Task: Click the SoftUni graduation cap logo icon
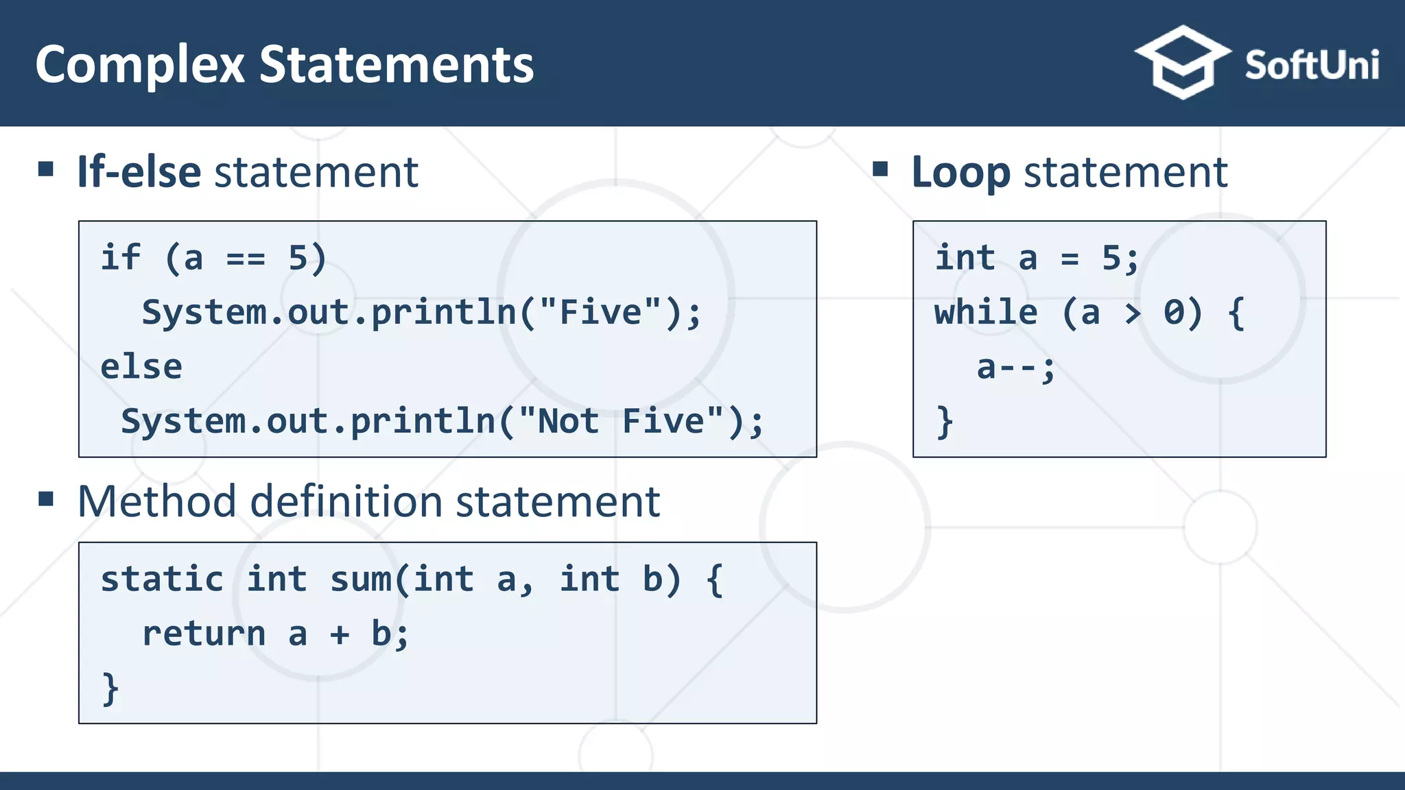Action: [1182, 63]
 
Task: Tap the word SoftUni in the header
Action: [1311, 66]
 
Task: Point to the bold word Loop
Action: [960, 173]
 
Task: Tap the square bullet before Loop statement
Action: [880, 169]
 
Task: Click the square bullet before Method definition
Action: [46, 499]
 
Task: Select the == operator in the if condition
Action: [246, 259]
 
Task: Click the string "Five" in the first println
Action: [600, 312]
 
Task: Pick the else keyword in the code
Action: [141, 367]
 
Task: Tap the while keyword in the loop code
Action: [986, 313]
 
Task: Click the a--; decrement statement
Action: [1015, 368]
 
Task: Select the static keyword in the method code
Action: [162, 579]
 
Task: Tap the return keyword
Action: [204, 634]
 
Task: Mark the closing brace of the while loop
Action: [945, 421]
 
